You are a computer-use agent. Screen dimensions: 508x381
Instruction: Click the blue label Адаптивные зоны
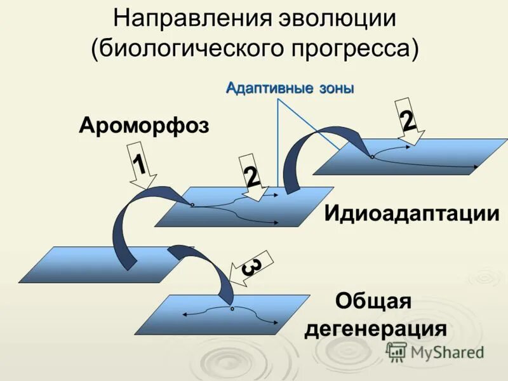(290, 88)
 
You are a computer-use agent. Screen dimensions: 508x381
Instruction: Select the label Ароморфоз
(144, 125)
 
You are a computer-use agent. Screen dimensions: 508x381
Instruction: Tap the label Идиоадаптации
(411, 213)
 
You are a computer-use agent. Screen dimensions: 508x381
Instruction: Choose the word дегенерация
(375, 329)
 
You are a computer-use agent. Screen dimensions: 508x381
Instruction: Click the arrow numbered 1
(141, 167)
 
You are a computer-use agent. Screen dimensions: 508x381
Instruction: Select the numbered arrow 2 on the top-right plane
(408, 121)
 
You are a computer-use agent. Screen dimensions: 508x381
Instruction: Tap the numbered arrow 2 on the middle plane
(252, 177)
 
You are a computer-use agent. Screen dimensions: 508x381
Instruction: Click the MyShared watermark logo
(435, 352)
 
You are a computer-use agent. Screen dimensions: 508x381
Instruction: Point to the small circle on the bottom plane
(232, 309)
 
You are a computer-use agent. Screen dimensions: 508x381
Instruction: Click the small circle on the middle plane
(191, 204)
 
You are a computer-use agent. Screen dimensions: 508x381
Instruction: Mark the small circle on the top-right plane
(371, 156)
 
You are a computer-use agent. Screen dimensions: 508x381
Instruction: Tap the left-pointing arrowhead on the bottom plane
(184, 314)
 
